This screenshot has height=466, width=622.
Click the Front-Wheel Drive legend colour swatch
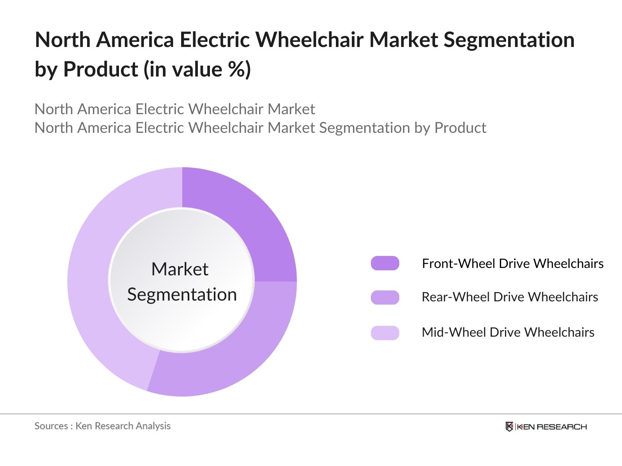pos(385,263)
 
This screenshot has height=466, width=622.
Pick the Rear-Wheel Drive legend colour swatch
pos(385,297)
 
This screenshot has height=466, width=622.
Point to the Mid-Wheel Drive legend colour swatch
pos(385,333)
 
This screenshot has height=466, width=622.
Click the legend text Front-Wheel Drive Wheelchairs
pos(512,264)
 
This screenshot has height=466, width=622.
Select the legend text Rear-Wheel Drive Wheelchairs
pos(510,297)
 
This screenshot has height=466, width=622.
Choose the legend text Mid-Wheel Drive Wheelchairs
pos(508,332)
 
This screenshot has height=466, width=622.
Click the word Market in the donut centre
pos(180,269)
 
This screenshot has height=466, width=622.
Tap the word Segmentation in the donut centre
pos(182,294)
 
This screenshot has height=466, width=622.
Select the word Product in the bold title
pos(100,70)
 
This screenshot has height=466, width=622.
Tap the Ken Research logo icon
pos(509,426)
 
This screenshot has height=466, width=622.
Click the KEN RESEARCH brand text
pos(551,427)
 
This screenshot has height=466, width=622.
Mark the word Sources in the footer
pos(51,426)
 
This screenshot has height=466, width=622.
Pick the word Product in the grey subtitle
pos(460,128)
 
